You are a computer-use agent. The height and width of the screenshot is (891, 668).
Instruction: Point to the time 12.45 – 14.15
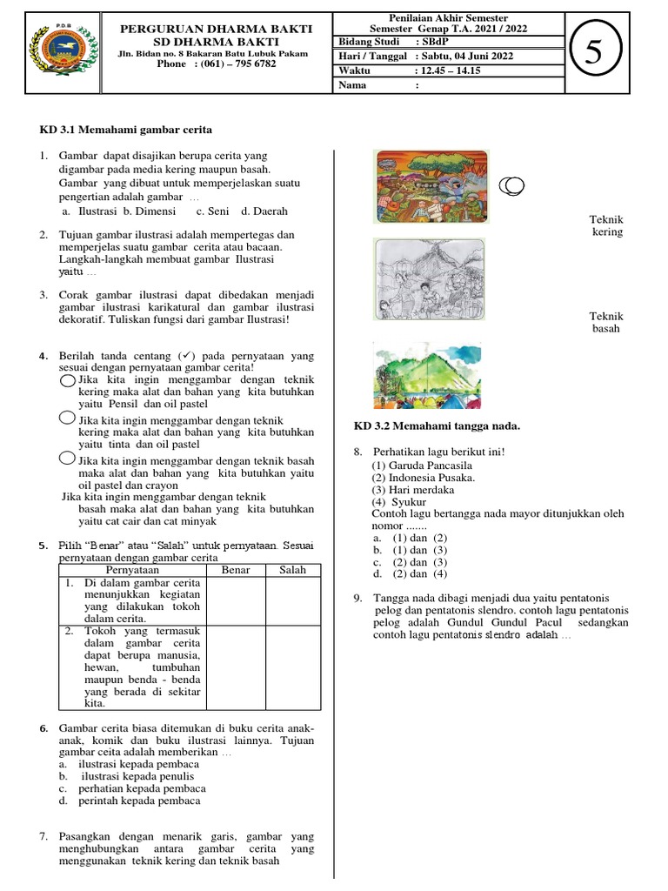(453, 70)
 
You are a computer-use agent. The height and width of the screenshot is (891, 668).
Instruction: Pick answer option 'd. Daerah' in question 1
(264, 211)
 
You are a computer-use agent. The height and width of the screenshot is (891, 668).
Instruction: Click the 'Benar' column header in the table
(236, 570)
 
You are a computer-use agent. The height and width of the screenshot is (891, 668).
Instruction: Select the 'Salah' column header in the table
(292, 570)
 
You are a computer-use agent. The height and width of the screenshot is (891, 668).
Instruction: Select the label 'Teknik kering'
(606, 226)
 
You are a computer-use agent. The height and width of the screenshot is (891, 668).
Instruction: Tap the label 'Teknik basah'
(606, 323)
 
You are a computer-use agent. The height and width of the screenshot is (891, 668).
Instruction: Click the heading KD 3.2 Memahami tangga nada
(436, 425)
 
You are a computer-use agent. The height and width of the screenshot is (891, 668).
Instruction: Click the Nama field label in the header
(352, 85)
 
